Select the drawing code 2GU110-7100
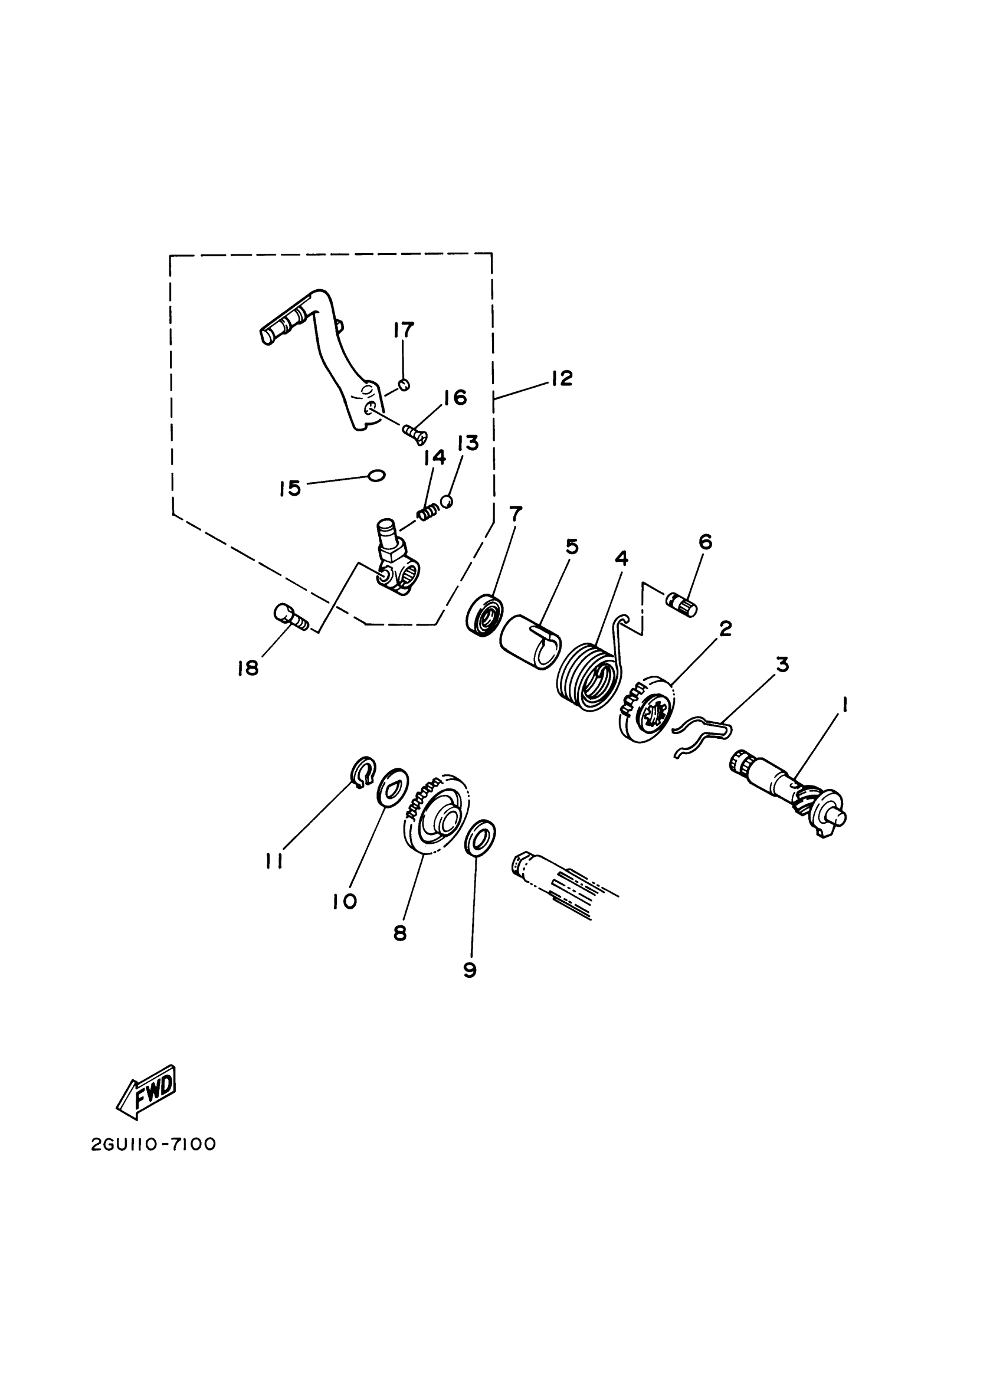pos(154,1144)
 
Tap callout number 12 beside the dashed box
pos(562,378)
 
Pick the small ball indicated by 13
pos(447,501)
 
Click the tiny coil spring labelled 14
pos(428,511)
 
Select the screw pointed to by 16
pos(415,434)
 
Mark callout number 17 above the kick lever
pos(404,330)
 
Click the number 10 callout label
pos(345,901)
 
